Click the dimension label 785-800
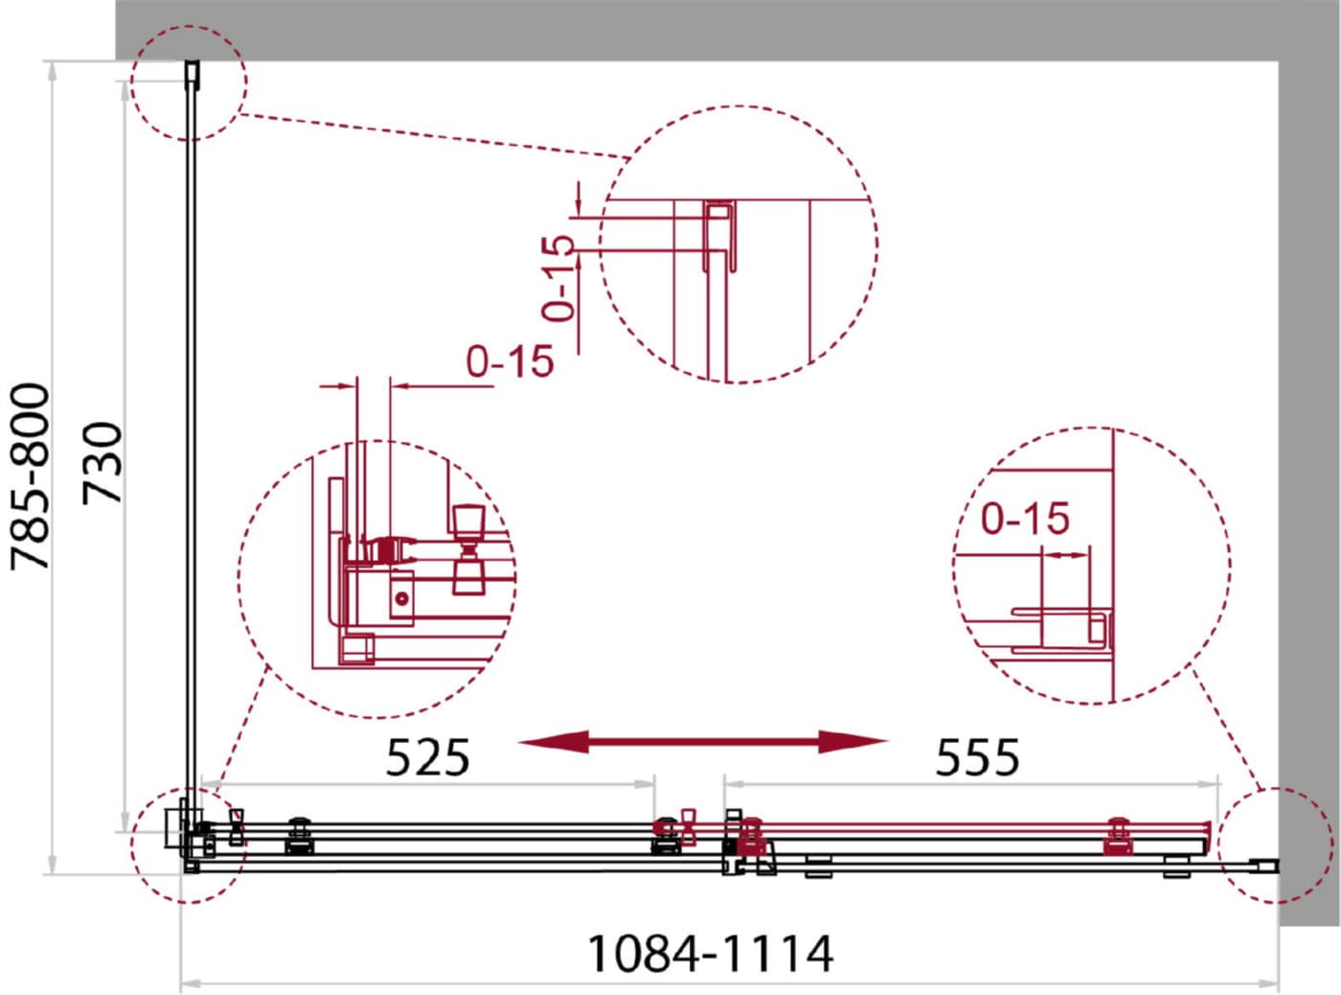pyautogui.click(x=30, y=476)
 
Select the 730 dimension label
pyautogui.click(x=102, y=464)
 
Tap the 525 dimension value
pyautogui.click(x=427, y=757)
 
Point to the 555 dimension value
pyautogui.click(x=977, y=757)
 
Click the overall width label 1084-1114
pyautogui.click(x=710, y=954)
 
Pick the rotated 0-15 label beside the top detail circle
pyautogui.click(x=557, y=278)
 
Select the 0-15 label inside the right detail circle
pyautogui.click(x=1025, y=518)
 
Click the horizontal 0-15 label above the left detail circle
pyautogui.click(x=510, y=361)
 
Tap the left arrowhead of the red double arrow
pyautogui.click(x=554, y=742)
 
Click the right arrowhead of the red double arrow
pyautogui.click(x=853, y=742)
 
